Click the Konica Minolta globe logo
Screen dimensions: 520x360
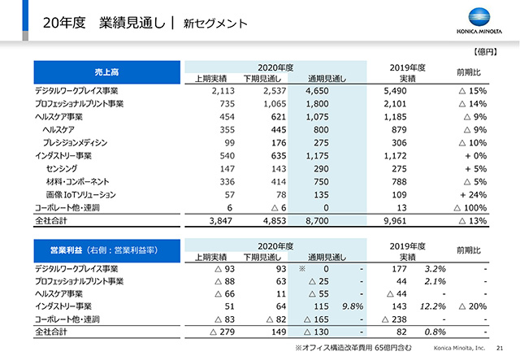click(479, 16)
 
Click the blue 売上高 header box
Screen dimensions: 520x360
click(106, 72)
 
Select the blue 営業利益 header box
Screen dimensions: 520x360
click(106, 250)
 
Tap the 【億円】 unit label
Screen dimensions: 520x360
click(486, 52)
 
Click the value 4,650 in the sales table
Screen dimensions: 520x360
click(317, 91)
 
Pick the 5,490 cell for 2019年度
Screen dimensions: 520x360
click(395, 91)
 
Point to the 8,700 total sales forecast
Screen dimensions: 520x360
click(317, 221)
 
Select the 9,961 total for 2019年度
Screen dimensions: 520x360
click(395, 221)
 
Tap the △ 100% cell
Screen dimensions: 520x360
click(470, 208)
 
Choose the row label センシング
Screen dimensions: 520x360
click(62, 168)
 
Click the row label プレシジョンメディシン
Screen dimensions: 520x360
click(75, 143)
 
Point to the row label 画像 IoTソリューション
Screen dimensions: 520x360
click(81, 195)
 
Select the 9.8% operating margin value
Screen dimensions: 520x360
click(353, 306)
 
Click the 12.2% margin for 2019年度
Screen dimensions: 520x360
click(433, 306)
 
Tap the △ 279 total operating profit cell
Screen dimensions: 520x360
click(222, 332)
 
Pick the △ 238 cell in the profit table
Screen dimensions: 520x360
click(394, 319)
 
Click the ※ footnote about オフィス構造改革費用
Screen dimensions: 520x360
click(353, 348)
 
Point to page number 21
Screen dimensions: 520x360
click(500, 348)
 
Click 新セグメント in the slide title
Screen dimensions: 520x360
click(215, 24)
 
